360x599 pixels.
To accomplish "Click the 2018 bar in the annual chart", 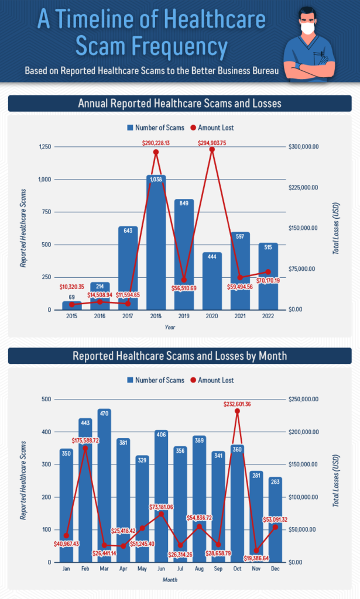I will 156,246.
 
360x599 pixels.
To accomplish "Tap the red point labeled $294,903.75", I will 212,150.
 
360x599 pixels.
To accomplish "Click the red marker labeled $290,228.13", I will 156,152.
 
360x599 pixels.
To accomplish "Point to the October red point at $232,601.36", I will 237,411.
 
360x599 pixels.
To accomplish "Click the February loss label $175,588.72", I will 85,440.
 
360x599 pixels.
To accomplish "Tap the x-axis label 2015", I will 71,316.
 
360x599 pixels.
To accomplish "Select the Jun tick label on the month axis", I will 160,569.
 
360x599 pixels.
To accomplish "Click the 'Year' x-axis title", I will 170,328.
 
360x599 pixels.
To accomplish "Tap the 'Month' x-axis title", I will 170,580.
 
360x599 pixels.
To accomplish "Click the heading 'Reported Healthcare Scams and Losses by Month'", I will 180,356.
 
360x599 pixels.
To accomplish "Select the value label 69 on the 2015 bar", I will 71,298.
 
